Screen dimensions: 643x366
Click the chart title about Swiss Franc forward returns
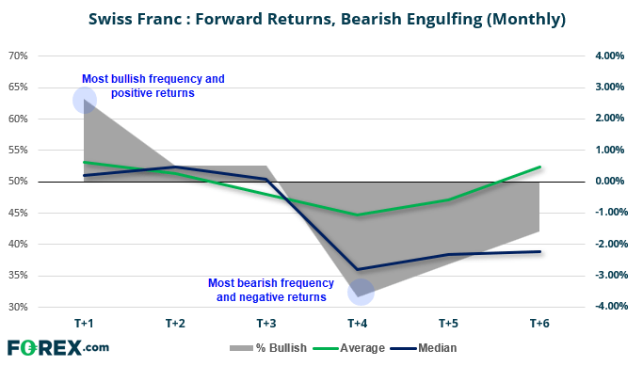click(x=327, y=19)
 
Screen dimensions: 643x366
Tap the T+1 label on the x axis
click(x=84, y=324)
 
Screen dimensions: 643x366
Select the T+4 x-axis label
click(x=358, y=324)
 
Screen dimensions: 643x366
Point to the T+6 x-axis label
click(x=539, y=324)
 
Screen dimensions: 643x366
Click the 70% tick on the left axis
click(x=18, y=56)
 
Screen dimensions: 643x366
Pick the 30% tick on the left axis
click(x=18, y=307)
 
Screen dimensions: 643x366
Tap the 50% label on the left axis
click(x=18, y=182)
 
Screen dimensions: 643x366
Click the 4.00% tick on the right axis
click(x=609, y=56)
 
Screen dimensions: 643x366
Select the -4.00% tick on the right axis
click(x=611, y=306)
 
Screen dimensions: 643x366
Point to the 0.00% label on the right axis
click(x=609, y=181)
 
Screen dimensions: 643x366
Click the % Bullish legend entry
click(x=268, y=348)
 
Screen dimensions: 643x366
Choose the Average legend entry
click(x=349, y=348)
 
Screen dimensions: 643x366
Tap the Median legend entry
click(x=424, y=348)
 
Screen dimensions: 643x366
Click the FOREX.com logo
click(x=58, y=348)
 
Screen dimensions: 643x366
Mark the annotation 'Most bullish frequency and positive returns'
click(x=153, y=86)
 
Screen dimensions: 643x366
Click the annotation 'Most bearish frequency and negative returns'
click(x=271, y=290)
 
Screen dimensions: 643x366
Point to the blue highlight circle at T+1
click(x=85, y=100)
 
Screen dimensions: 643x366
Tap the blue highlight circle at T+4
click(x=361, y=293)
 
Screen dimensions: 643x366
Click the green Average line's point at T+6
click(x=539, y=167)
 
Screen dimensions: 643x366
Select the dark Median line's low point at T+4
click(x=358, y=270)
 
